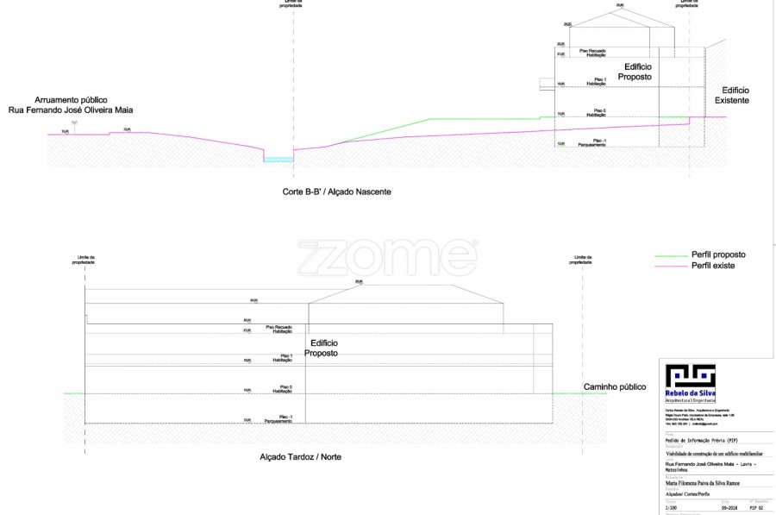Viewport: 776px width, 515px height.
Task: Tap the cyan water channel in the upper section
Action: coord(278,160)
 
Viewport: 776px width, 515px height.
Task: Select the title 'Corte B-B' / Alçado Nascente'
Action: coord(337,192)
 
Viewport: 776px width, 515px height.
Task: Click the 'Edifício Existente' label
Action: coord(735,96)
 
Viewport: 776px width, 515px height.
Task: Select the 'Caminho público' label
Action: coord(615,386)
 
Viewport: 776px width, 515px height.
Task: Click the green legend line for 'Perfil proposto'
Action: coord(672,255)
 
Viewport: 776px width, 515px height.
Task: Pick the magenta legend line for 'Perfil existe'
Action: coord(672,266)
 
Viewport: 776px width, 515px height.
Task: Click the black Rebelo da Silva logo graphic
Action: coord(690,376)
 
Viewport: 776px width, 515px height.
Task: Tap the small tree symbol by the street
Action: coord(75,125)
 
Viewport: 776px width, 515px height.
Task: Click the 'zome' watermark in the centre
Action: coord(387,257)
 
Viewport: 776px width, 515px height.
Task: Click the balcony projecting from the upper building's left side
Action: coord(547,84)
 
